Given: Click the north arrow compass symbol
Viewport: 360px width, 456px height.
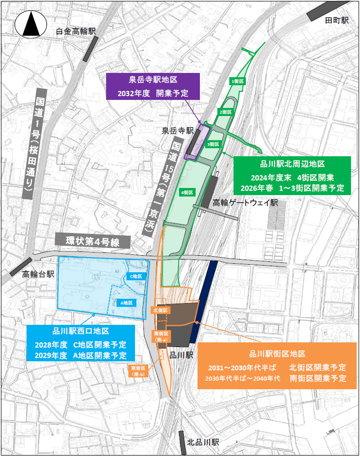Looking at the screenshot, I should coord(30,24).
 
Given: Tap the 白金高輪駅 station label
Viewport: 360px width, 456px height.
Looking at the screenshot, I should coord(76,31).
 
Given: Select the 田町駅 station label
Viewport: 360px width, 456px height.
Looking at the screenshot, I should coord(337,20).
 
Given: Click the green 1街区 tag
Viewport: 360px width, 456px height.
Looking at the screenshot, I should coord(237,81).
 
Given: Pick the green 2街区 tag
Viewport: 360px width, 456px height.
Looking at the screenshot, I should coord(225,112).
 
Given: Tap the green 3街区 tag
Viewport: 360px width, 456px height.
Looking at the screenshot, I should coord(213,144).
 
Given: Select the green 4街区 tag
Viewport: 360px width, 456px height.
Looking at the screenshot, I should coord(187,192).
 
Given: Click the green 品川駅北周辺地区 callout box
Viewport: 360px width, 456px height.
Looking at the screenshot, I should coord(292,176).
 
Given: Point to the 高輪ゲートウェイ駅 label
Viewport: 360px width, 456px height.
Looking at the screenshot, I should coord(245,203).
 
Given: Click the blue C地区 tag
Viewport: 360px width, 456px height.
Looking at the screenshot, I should coord(136,276).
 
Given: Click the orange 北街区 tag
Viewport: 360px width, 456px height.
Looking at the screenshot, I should coord(159,310).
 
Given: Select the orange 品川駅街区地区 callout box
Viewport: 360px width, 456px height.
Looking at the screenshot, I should coord(277,366).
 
